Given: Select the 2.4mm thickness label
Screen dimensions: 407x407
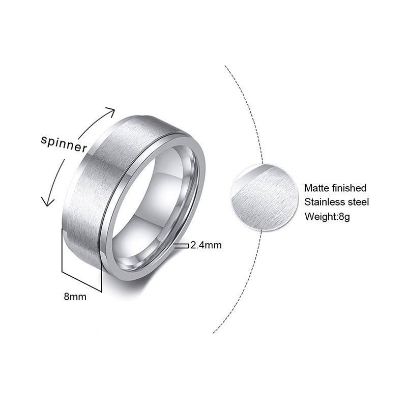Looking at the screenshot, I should [206, 245].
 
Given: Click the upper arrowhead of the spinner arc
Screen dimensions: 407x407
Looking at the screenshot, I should [110, 111].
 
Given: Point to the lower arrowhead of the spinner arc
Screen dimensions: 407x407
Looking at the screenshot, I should [47, 202].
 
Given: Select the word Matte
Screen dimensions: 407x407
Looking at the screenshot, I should [316, 188].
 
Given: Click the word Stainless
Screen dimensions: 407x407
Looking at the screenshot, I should [324, 202].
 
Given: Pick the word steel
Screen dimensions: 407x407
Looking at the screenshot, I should [358, 202].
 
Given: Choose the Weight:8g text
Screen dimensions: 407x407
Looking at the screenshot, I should [328, 217].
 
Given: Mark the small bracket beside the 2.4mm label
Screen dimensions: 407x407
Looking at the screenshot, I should [181, 246].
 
